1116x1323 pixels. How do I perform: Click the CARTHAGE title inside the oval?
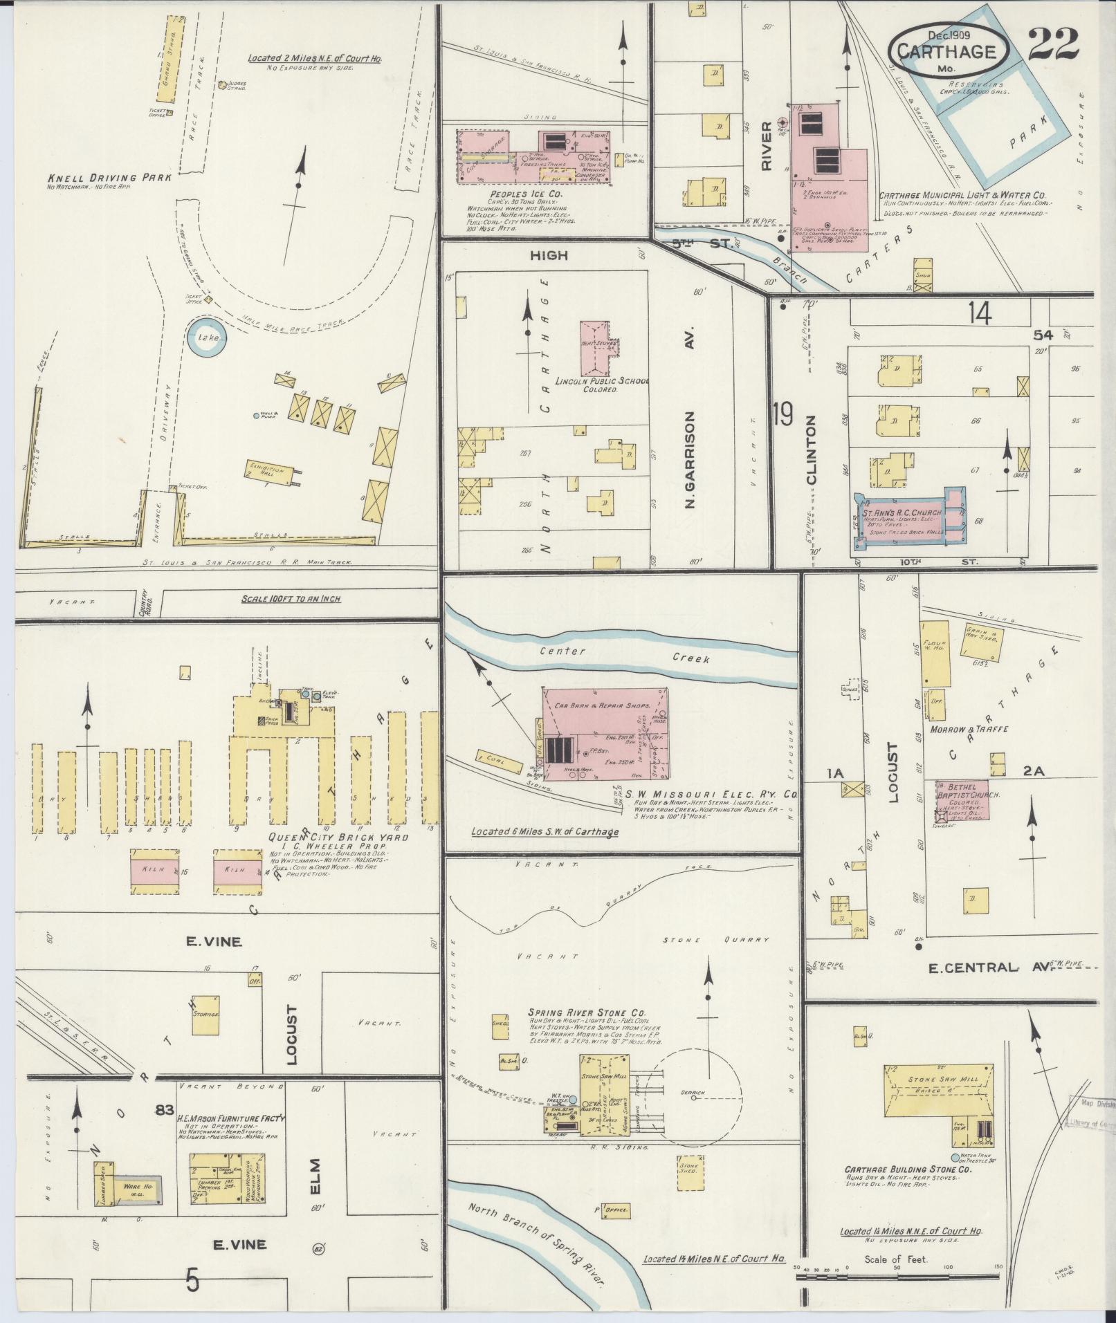point(946,52)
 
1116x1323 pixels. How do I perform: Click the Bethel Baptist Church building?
point(962,800)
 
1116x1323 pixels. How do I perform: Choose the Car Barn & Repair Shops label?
point(603,706)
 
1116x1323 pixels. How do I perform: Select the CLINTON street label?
point(812,450)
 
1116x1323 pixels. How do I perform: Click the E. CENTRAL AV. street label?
point(989,968)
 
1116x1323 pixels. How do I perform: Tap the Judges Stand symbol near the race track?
point(222,85)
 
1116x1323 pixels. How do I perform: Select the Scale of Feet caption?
point(895,1260)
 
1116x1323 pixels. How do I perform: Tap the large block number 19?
point(783,416)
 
